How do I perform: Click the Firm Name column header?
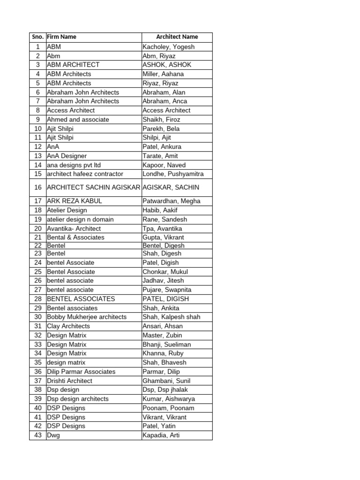61,37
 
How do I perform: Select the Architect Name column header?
177,37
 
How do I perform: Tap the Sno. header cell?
37,37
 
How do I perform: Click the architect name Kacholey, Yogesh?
168,47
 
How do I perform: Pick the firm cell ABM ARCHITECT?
73,65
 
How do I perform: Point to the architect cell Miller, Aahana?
163,74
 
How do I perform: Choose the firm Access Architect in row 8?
71,110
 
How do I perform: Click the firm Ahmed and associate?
78,120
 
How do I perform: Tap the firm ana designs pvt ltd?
74,165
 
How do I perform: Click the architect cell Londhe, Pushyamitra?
173,174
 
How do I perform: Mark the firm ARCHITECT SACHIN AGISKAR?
93,187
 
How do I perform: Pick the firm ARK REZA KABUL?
75,201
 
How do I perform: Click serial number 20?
38,228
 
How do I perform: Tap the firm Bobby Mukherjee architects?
87,317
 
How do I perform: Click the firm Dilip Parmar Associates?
81,372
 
